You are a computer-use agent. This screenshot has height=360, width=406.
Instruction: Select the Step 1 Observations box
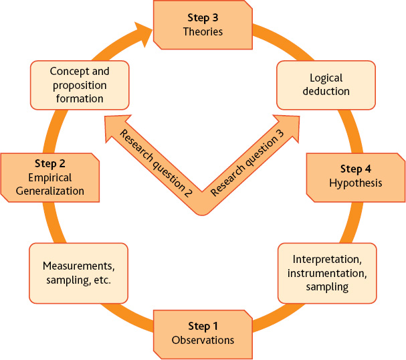[203, 333]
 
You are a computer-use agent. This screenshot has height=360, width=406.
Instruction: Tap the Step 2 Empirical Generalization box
[50, 177]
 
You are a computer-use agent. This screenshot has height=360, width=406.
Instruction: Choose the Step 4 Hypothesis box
[355, 177]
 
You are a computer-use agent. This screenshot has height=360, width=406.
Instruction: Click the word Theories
[203, 31]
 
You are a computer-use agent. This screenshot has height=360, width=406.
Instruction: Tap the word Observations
[203, 340]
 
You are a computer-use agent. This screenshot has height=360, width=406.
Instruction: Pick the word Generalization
[51, 191]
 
